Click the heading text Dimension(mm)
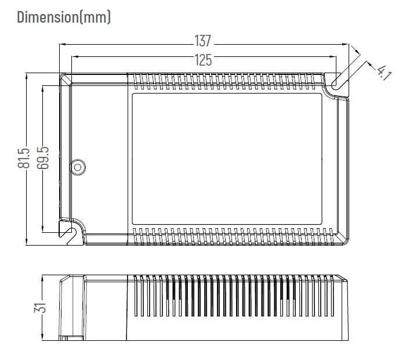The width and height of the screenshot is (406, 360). tap(64, 17)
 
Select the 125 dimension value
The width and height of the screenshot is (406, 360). tap(202, 59)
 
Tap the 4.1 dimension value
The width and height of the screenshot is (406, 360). tap(383, 72)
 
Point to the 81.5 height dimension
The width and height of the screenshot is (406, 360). tap(24, 158)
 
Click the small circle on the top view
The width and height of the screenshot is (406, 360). tap(77, 167)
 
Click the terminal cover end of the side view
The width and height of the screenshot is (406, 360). tap(72, 307)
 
